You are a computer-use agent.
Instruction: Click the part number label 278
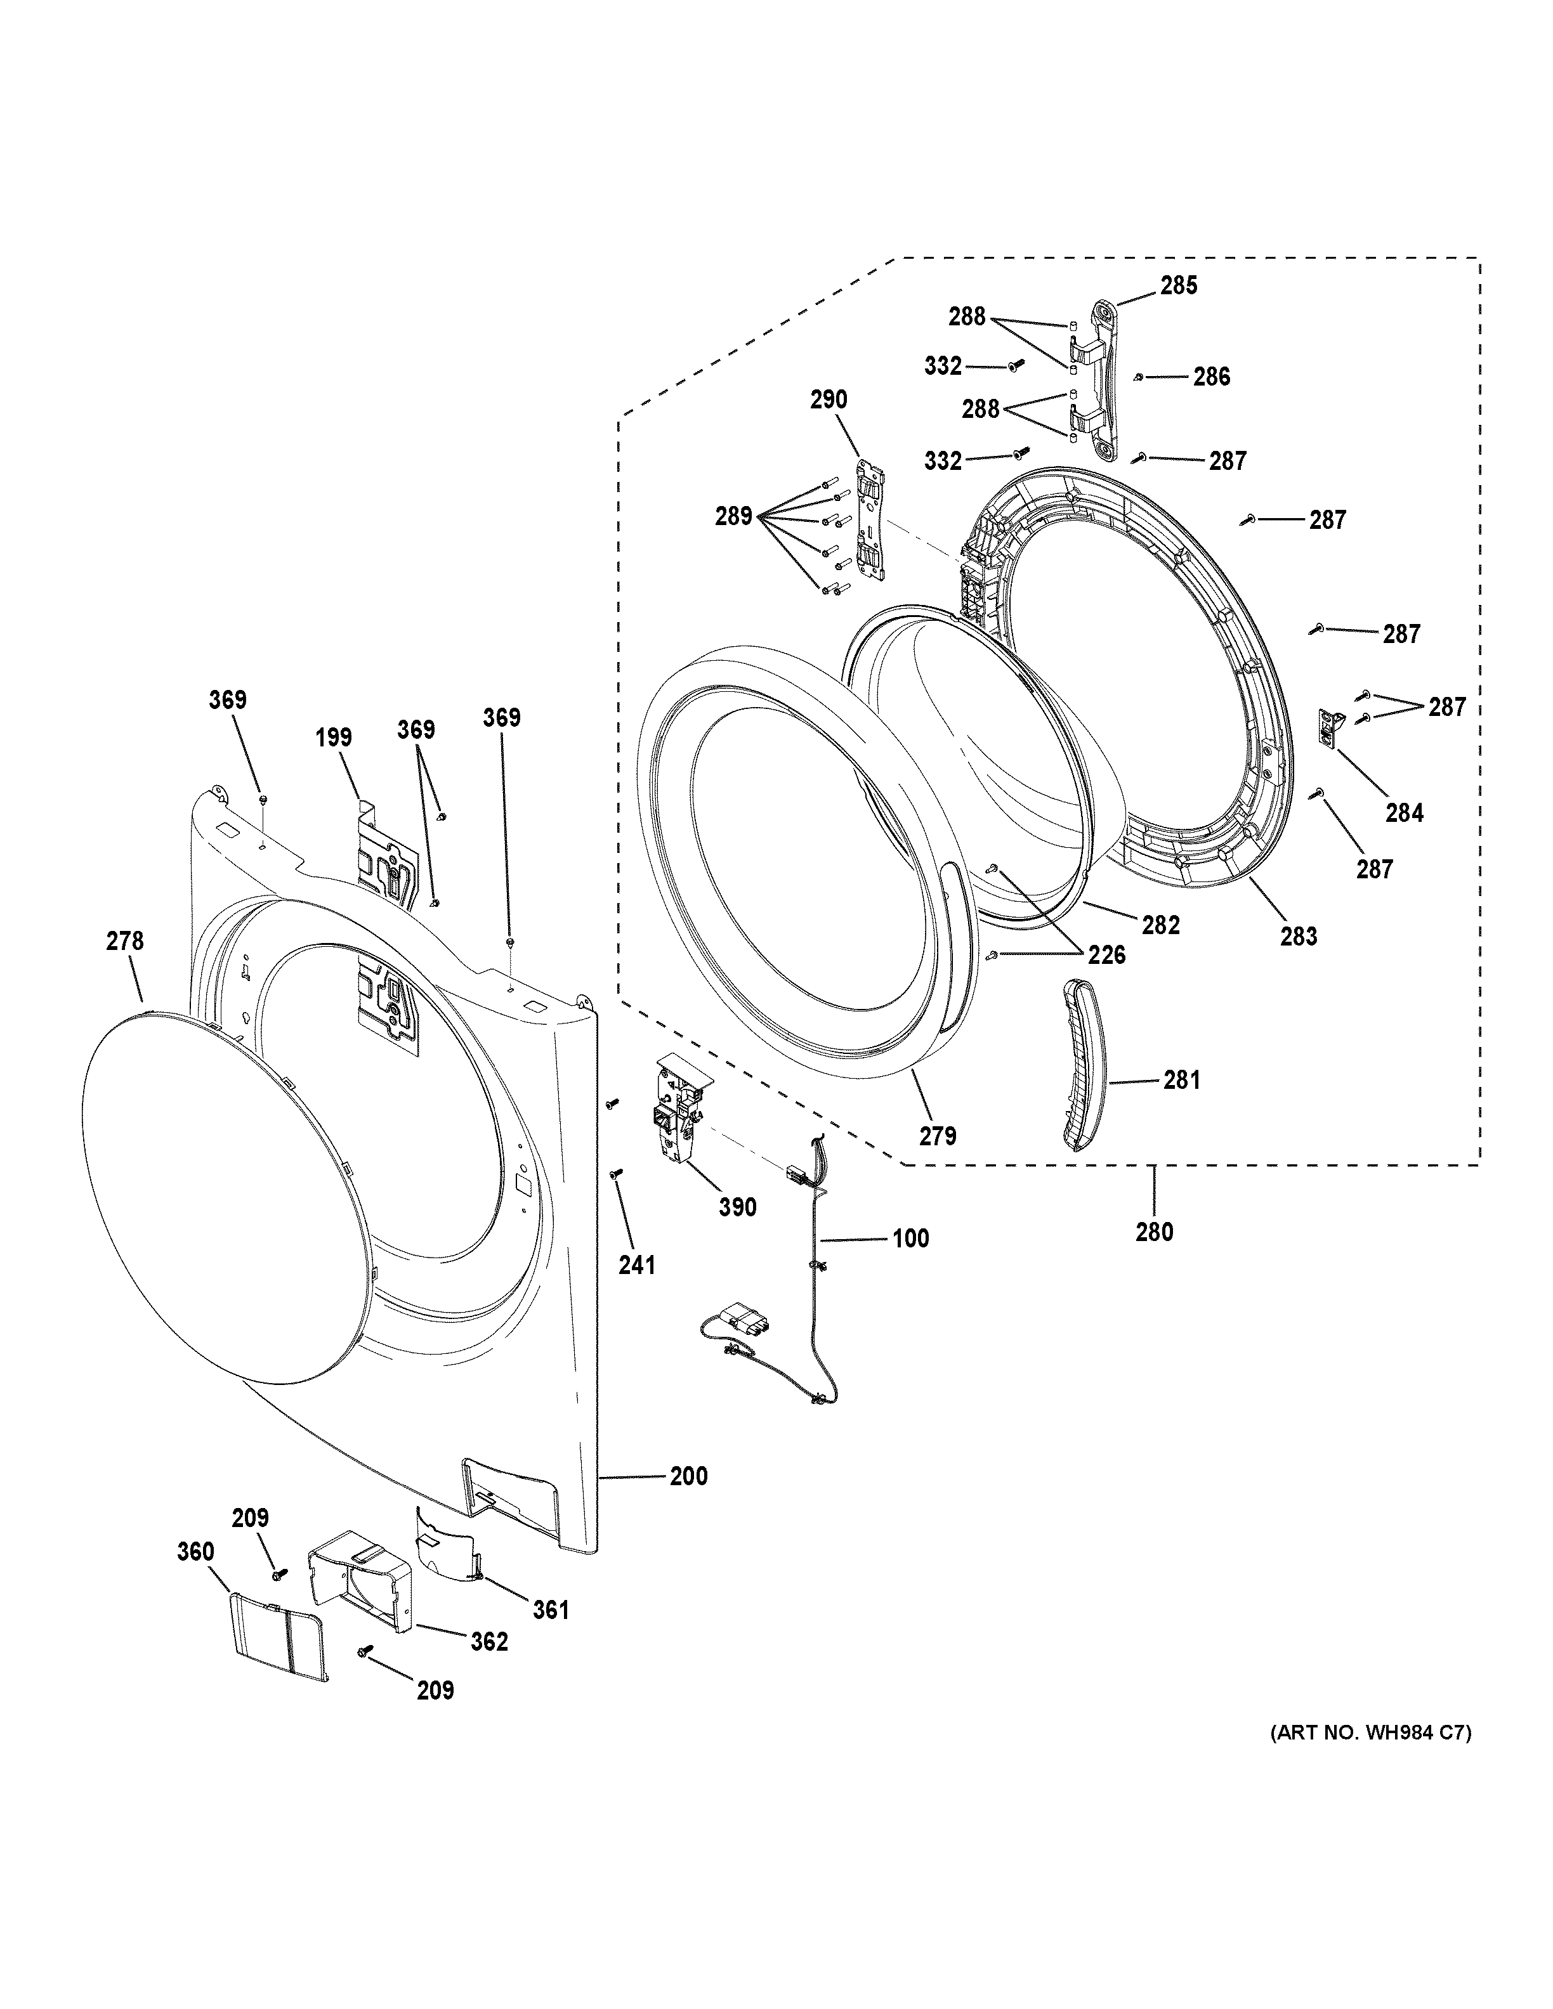125,941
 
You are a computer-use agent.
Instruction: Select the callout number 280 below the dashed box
1154,1231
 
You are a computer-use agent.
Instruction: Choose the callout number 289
733,517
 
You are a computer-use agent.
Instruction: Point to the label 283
1298,937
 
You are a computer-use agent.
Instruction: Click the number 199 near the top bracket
333,737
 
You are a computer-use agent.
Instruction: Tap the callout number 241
637,1265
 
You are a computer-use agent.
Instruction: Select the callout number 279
938,1136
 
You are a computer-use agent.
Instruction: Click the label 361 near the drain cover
550,1609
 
